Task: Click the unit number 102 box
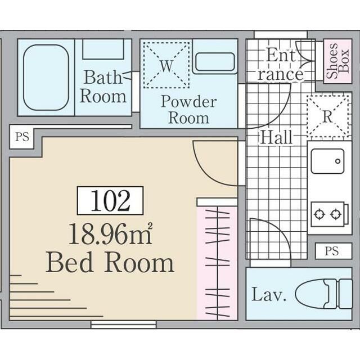[110, 201]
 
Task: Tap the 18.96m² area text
[110, 233]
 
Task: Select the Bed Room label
[110, 263]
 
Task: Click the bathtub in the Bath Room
[46, 77]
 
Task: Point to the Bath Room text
[103, 86]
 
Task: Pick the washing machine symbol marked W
[166, 65]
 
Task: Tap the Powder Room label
[188, 110]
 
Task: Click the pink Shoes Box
[337, 62]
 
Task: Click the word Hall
[276, 137]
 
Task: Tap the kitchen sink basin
[327, 161]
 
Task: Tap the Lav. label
[269, 295]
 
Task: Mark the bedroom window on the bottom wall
[124, 325]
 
